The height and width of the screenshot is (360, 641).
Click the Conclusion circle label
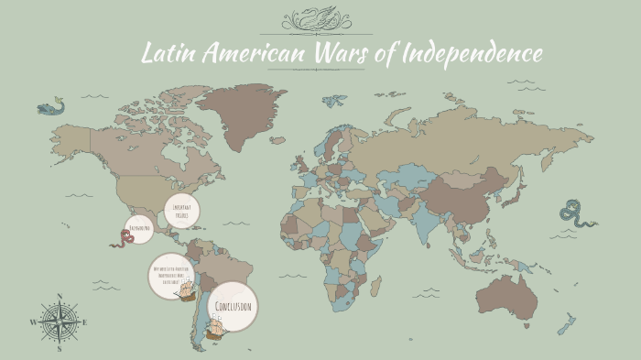tap(232, 306)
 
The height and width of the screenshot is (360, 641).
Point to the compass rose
tap(60, 322)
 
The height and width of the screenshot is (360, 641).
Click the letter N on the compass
tap(60, 296)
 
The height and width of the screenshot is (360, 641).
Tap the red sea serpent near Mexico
tap(122, 240)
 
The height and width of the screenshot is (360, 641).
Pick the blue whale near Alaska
tap(50, 107)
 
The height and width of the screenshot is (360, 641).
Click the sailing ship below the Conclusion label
tap(216, 327)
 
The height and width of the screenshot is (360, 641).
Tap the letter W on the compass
tap(34, 322)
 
